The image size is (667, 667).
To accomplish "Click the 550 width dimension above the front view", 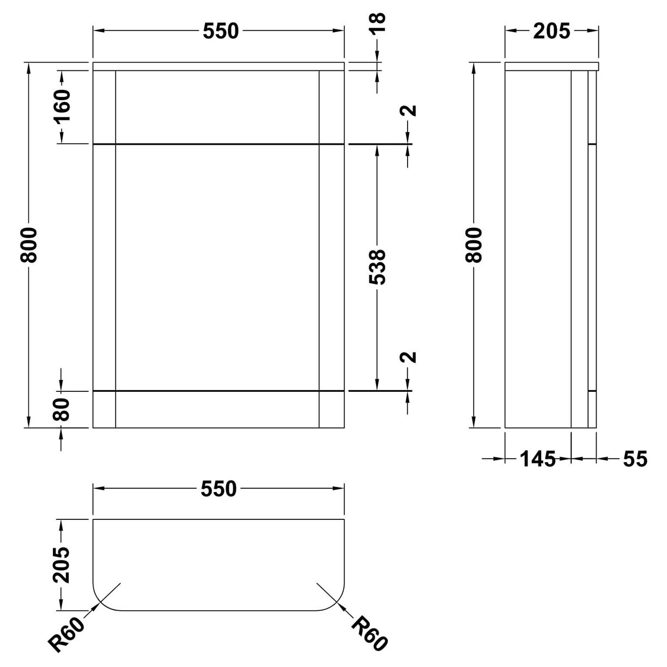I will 221,32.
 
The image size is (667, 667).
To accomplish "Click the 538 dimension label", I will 378,267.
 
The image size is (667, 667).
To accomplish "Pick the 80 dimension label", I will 62,409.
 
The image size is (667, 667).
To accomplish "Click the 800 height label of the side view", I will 475,245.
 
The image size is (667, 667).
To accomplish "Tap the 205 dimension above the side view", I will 551,32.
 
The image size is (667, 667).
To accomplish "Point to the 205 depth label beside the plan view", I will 63,565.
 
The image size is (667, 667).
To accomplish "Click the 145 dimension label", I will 537,459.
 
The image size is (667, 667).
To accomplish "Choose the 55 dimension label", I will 634,459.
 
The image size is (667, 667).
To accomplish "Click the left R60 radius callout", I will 68,633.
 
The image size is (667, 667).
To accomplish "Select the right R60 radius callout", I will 370,633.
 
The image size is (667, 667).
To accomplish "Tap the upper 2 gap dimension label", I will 409,110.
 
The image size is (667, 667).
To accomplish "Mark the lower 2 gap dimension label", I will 409,357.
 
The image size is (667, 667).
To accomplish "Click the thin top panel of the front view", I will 219,66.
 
